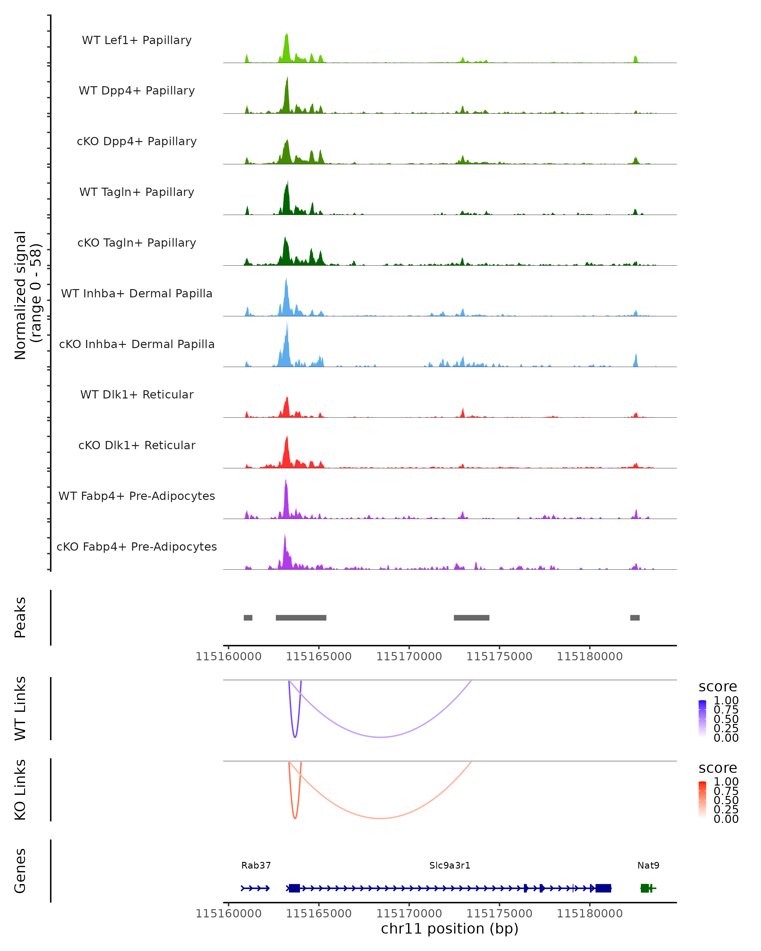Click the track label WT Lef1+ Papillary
pyautogui.click(x=137, y=40)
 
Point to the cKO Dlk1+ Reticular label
pyautogui.click(x=137, y=445)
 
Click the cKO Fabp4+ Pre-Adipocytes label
pyautogui.click(x=137, y=547)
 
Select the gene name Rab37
pyautogui.click(x=256, y=865)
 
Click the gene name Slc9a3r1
pyautogui.click(x=450, y=865)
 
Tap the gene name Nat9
pyautogui.click(x=648, y=865)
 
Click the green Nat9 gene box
pyautogui.click(x=645, y=888)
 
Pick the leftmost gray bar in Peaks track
pyautogui.click(x=248, y=618)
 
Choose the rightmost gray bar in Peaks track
pyautogui.click(x=635, y=618)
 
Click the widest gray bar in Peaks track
pyautogui.click(x=301, y=618)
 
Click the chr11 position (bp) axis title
pyautogui.click(x=450, y=928)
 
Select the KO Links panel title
pyautogui.click(x=20, y=790)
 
